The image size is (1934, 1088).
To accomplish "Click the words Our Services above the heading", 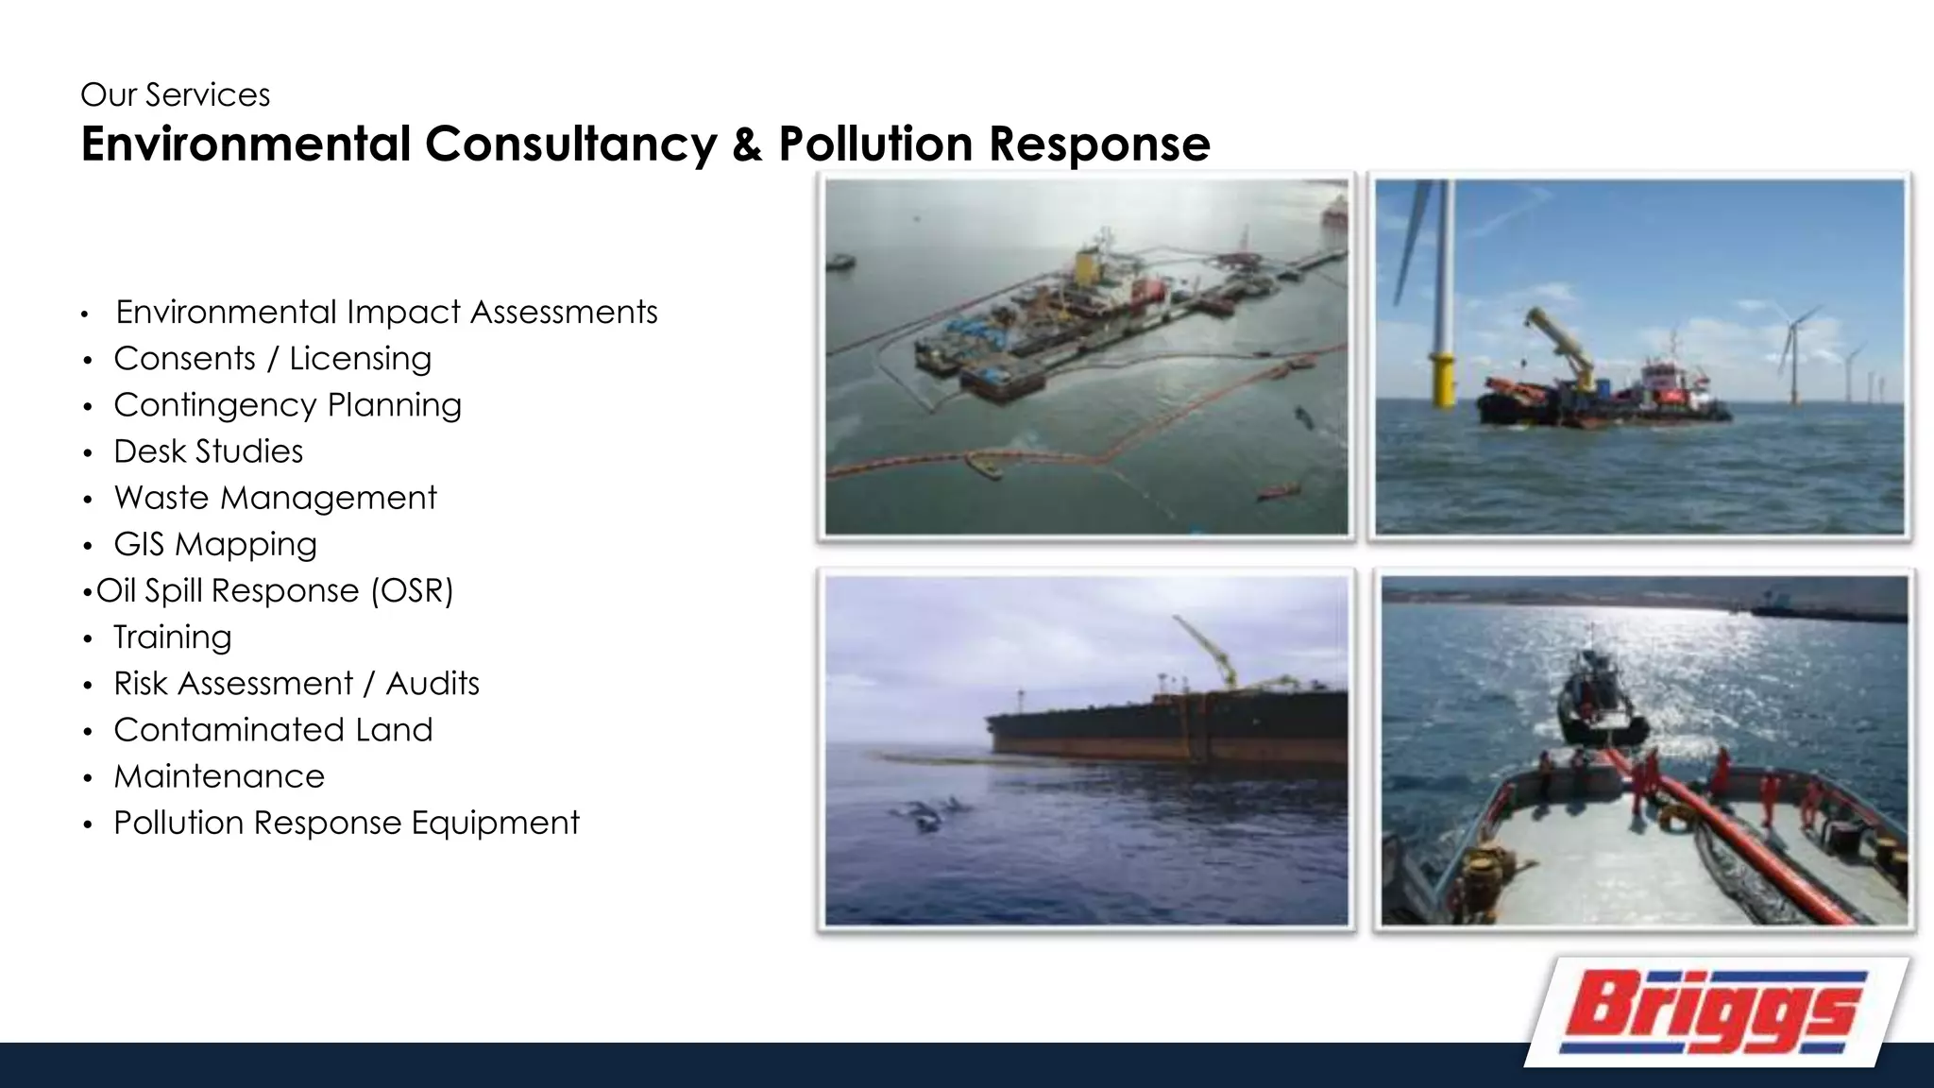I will tap(176, 95).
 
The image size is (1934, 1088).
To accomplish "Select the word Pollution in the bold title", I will tap(874, 144).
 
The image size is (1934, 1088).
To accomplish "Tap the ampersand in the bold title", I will tap(746, 144).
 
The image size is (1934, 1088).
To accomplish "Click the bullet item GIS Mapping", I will tap(215, 545).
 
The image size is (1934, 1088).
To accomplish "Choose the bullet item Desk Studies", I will tap(208, 451).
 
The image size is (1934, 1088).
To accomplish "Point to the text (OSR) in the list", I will tap(412, 591).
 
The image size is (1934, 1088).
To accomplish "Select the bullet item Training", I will tap(172, 637).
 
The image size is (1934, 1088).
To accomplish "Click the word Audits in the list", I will tap(433, 684).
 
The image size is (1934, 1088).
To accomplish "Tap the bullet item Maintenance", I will tap(219, 776).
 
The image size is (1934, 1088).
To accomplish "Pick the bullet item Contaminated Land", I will tap(273, 730).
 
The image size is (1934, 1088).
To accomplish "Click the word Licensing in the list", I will tap(360, 359).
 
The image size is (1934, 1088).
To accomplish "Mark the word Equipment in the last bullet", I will tap(495, 823).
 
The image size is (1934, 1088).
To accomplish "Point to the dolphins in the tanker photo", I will tap(930, 812).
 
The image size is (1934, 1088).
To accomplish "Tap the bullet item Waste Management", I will tap(275, 498).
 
